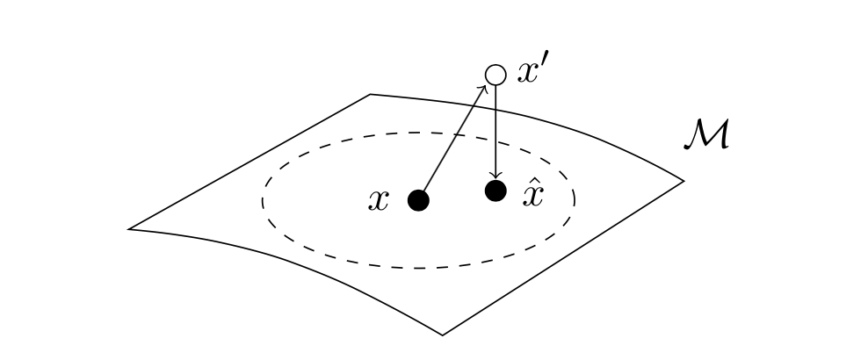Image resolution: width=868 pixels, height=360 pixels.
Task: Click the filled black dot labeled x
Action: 419,201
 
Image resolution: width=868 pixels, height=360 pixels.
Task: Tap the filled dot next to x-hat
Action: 496,190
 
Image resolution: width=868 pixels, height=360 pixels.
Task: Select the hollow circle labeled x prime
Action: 496,76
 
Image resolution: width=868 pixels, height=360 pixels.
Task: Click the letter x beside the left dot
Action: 379,201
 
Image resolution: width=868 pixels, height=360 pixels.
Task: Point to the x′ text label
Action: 532,71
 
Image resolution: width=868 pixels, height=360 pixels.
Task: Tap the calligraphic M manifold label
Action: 706,136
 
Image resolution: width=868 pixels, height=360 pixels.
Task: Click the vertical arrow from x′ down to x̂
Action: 496,132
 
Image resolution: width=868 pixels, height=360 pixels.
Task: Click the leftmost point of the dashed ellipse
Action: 262,200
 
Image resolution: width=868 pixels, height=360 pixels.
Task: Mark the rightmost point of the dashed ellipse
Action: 575,200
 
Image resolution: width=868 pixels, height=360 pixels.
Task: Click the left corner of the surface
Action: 130,229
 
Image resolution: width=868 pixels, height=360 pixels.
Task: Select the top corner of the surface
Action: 370,94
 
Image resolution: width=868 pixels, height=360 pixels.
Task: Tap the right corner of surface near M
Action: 684,181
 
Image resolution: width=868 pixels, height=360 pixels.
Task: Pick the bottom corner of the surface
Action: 442,335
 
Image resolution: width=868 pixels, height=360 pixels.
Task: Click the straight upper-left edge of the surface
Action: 250,162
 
